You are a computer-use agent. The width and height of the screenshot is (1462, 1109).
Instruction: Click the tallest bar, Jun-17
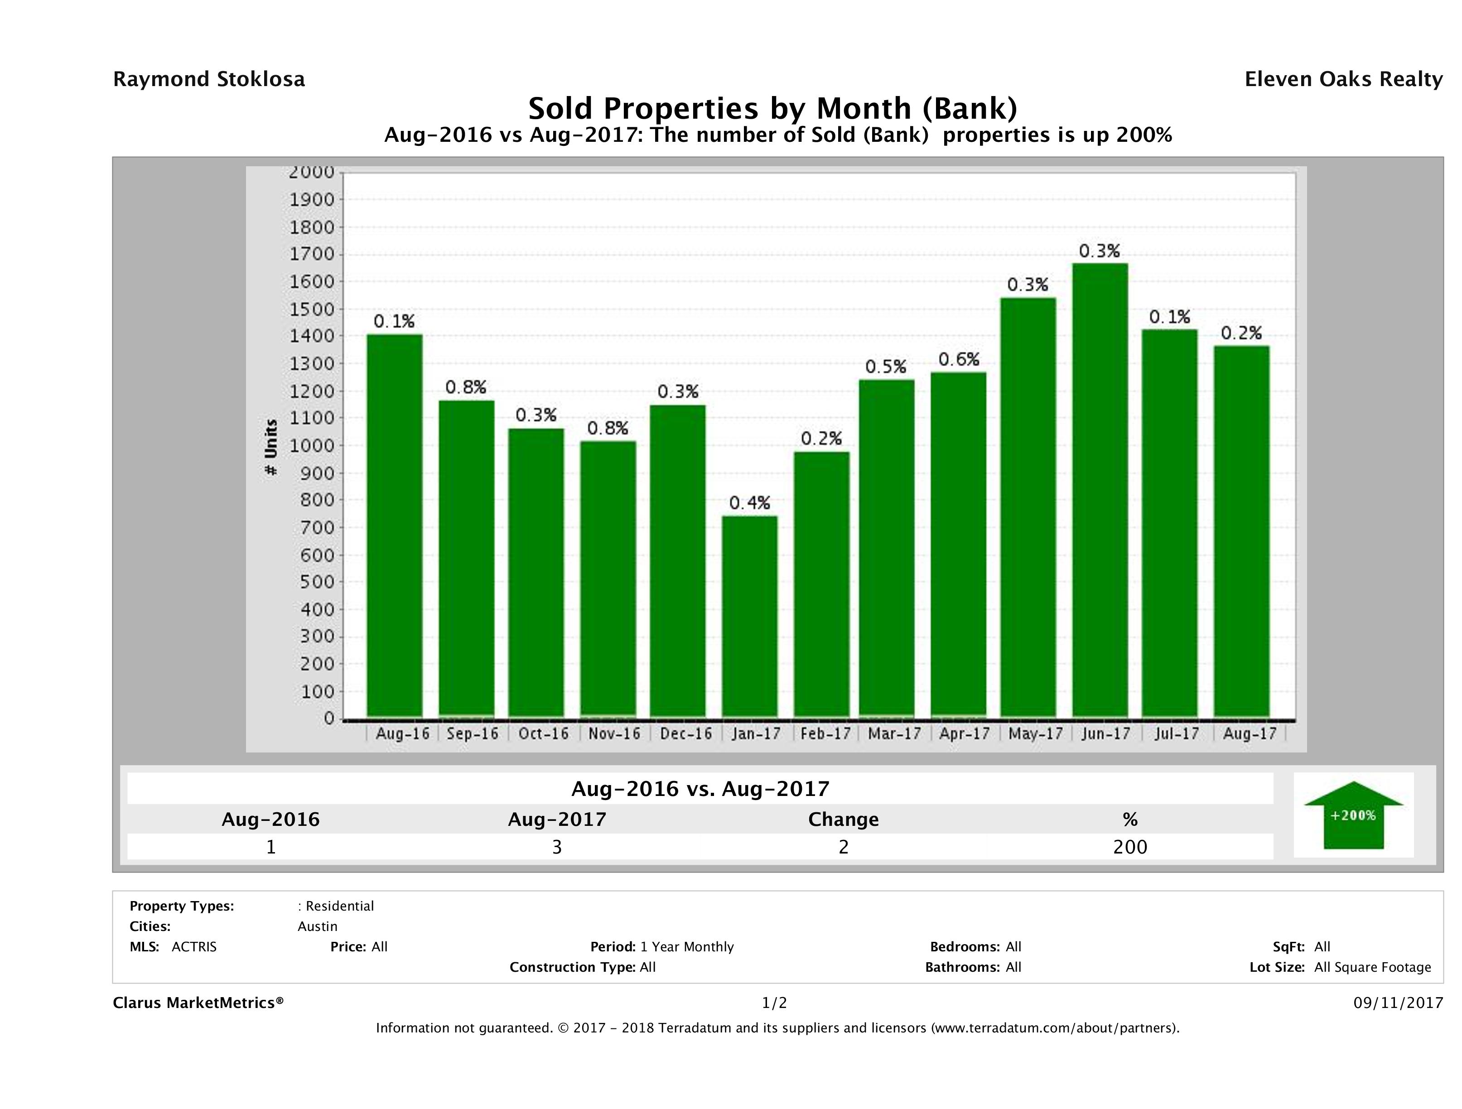1100,490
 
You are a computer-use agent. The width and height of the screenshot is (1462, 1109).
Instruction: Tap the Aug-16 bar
395,526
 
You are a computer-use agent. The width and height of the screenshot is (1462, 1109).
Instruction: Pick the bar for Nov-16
608,579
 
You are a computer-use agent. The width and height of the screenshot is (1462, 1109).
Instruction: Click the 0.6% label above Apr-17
958,360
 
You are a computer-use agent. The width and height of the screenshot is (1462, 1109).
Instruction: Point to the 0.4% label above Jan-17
749,504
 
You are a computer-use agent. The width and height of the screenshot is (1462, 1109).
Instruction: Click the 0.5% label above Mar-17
886,367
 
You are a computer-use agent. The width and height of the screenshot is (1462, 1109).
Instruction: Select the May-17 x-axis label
1035,733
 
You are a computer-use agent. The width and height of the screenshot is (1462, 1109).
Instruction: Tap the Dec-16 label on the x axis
685,733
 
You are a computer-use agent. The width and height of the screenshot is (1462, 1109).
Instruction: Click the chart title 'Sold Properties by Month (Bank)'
772,108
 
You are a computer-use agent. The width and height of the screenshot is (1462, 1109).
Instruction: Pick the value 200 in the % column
1129,847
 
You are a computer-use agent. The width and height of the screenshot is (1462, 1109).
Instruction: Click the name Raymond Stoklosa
209,79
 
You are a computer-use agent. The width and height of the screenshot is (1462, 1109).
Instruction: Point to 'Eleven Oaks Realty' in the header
1343,79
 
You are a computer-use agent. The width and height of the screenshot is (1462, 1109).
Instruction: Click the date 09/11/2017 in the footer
1398,1003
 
